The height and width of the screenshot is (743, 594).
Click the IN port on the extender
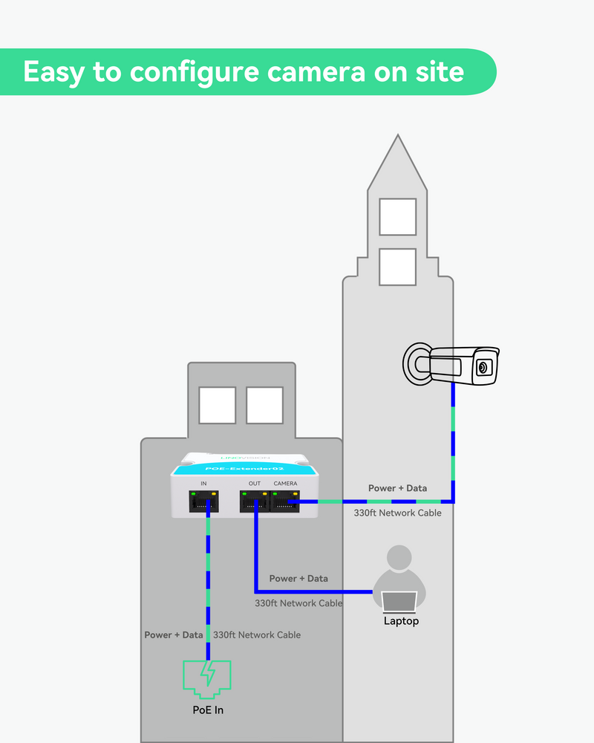pyautogui.click(x=203, y=502)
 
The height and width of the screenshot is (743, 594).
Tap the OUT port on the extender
pyautogui.click(x=254, y=503)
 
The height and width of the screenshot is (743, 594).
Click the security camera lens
pyautogui.click(x=483, y=367)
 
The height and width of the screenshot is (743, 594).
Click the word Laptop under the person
pyautogui.click(x=401, y=621)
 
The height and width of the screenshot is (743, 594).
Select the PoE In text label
pyautogui.click(x=208, y=710)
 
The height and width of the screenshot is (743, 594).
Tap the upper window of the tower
pyautogui.click(x=397, y=216)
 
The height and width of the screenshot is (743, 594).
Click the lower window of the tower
pyautogui.click(x=397, y=267)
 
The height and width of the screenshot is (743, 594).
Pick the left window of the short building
pyautogui.click(x=218, y=405)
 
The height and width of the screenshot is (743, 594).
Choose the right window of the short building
pyautogui.click(x=264, y=405)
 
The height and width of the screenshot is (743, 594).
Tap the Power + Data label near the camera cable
pyautogui.click(x=397, y=488)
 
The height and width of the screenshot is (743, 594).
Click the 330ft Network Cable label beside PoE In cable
pyautogui.click(x=257, y=635)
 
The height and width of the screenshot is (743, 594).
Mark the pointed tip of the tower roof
pyautogui.click(x=399, y=136)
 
